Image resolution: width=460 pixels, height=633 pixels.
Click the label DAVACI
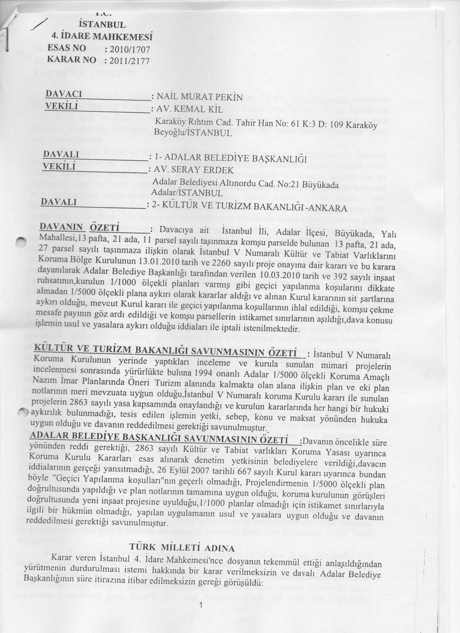(64, 94)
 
